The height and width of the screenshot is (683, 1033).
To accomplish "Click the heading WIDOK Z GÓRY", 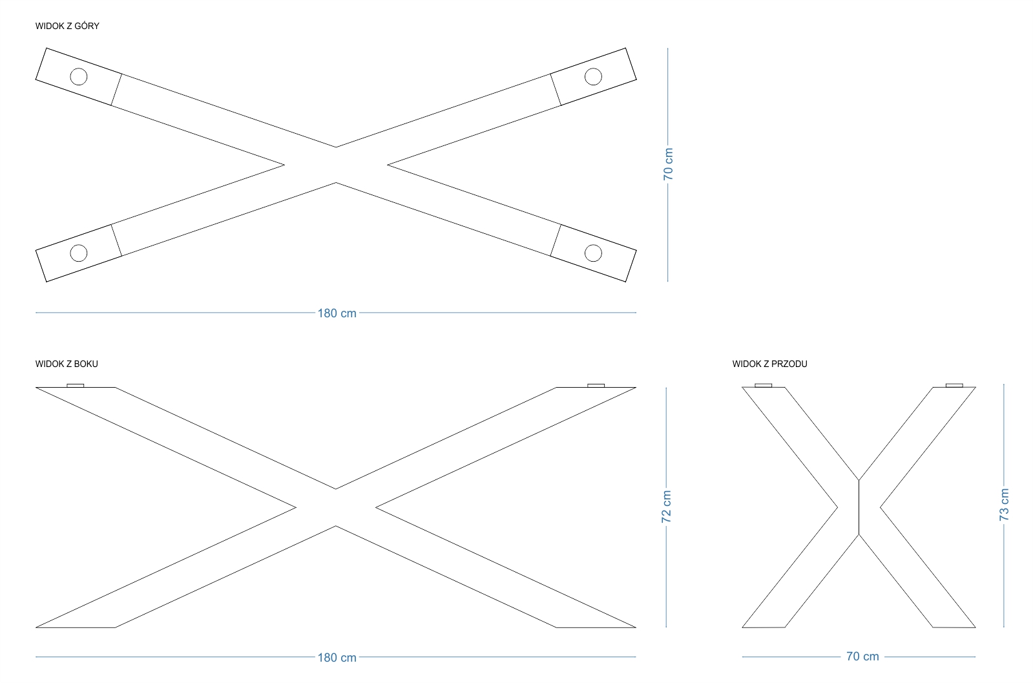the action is [x=67, y=26].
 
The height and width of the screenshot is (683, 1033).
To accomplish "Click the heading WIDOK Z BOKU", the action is [x=67, y=364].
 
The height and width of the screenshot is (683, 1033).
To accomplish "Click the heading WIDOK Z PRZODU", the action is [x=769, y=364].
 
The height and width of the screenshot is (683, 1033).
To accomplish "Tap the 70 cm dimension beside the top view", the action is [x=668, y=164].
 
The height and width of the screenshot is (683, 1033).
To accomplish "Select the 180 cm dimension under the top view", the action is [x=337, y=313].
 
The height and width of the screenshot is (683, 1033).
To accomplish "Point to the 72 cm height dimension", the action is [x=666, y=507].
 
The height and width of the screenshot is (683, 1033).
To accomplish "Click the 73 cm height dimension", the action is [x=1004, y=505].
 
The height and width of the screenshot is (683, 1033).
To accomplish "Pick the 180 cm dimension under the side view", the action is [x=337, y=658].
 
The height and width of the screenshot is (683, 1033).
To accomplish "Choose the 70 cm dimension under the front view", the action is [x=862, y=657].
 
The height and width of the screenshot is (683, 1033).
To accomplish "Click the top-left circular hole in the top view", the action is [x=79, y=76].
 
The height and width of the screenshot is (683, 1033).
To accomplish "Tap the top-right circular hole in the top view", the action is [x=593, y=76].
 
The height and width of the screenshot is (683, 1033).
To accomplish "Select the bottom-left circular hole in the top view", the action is [x=79, y=253].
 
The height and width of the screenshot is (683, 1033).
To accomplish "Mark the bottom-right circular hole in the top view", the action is [x=593, y=253].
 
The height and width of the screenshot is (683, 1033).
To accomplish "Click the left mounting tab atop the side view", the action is [x=76, y=386].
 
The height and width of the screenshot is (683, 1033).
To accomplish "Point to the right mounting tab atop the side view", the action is [x=596, y=386].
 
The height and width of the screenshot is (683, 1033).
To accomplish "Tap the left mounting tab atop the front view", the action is [x=763, y=386].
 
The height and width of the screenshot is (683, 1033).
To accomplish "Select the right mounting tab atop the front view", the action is [x=954, y=386].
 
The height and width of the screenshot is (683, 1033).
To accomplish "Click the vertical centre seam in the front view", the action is [x=859, y=507].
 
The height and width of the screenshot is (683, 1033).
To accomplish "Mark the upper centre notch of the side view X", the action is [x=336, y=489].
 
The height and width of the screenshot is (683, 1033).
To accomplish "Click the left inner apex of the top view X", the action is [x=284, y=165].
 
